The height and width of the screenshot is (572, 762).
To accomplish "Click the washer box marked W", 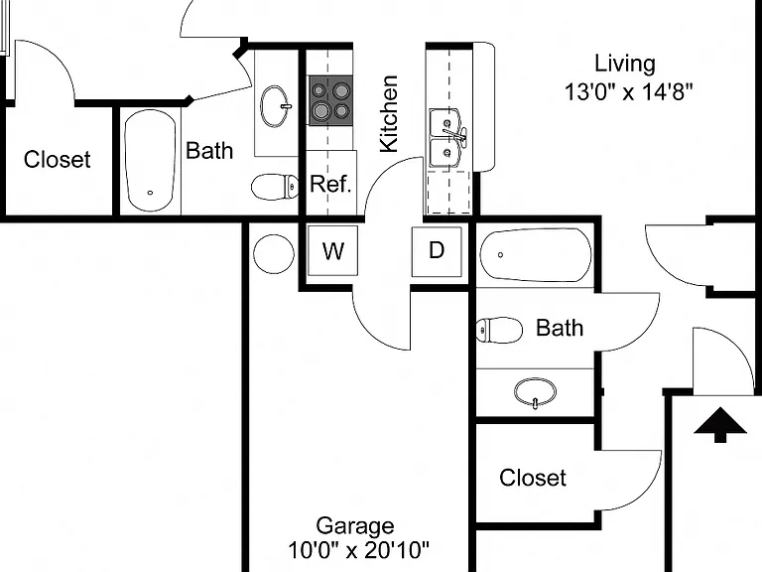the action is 333,250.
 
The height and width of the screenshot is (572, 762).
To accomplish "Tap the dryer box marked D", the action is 437,251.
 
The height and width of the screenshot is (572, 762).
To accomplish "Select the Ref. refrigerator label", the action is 330,184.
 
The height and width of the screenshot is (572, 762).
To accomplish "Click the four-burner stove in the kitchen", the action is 330,100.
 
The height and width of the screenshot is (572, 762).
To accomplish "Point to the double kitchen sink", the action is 447,139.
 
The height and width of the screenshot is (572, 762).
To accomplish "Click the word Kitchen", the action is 389,114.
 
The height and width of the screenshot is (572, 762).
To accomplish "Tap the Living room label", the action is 625,65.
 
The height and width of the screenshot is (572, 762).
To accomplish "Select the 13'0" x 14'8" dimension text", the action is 628,91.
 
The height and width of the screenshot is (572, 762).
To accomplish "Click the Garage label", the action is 355,526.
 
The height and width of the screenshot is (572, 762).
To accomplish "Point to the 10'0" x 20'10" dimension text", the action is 358,550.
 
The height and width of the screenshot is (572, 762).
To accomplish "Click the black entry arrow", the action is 720,425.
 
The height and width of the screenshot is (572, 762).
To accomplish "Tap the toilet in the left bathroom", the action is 275,187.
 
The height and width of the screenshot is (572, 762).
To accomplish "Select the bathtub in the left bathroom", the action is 150,160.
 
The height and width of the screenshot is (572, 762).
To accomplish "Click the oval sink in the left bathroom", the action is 276,106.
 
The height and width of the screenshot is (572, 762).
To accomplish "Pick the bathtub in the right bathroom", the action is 536,255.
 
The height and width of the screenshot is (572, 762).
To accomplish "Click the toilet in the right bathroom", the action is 499,331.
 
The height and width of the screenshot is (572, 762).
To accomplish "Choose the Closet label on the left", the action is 57,160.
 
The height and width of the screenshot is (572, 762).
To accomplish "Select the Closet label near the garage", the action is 533,478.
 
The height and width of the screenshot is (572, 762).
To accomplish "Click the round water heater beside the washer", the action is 274,254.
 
